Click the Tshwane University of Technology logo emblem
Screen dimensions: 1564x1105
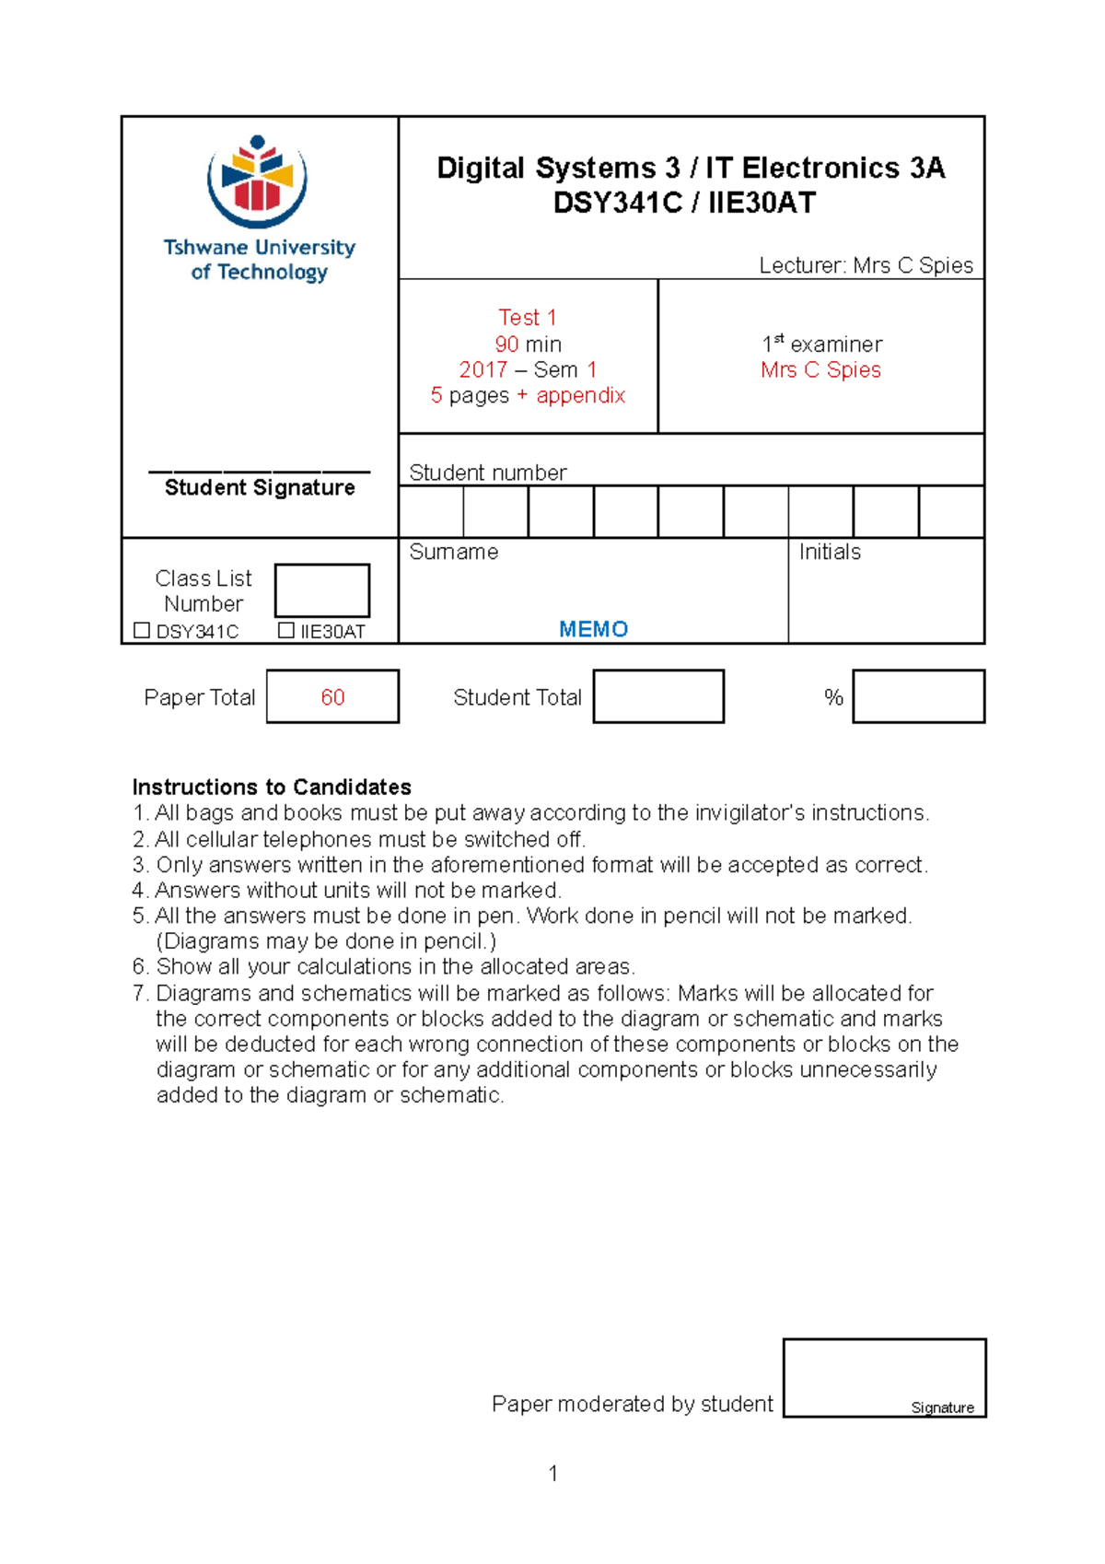click(x=257, y=181)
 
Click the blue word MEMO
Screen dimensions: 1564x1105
click(x=593, y=629)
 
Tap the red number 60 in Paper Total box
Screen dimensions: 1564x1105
click(x=332, y=697)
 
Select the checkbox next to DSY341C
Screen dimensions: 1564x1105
click(x=142, y=631)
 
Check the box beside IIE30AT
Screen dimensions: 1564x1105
click(x=285, y=631)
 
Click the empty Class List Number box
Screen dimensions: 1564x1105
click(x=322, y=590)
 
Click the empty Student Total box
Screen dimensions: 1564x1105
click(x=657, y=697)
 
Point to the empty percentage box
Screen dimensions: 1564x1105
click(x=918, y=697)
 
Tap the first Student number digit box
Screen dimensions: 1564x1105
click(x=431, y=512)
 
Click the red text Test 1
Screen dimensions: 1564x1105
click(x=528, y=318)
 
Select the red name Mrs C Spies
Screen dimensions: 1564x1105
click(x=820, y=370)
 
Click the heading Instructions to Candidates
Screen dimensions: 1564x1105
click(x=272, y=788)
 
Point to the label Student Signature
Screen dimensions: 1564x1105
click(x=260, y=488)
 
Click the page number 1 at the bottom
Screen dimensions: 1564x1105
click(x=552, y=1473)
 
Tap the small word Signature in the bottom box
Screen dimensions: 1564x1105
click(x=942, y=1407)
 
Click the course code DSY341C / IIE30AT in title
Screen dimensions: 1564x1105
click(x=684, y=204)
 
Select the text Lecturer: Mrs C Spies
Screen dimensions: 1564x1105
click(x=866, y=266)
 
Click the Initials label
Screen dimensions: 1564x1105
click(x=830, y=553)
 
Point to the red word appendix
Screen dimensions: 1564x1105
click(x=580, y=396)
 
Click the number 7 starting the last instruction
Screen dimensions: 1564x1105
click(x=139, y=994)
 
